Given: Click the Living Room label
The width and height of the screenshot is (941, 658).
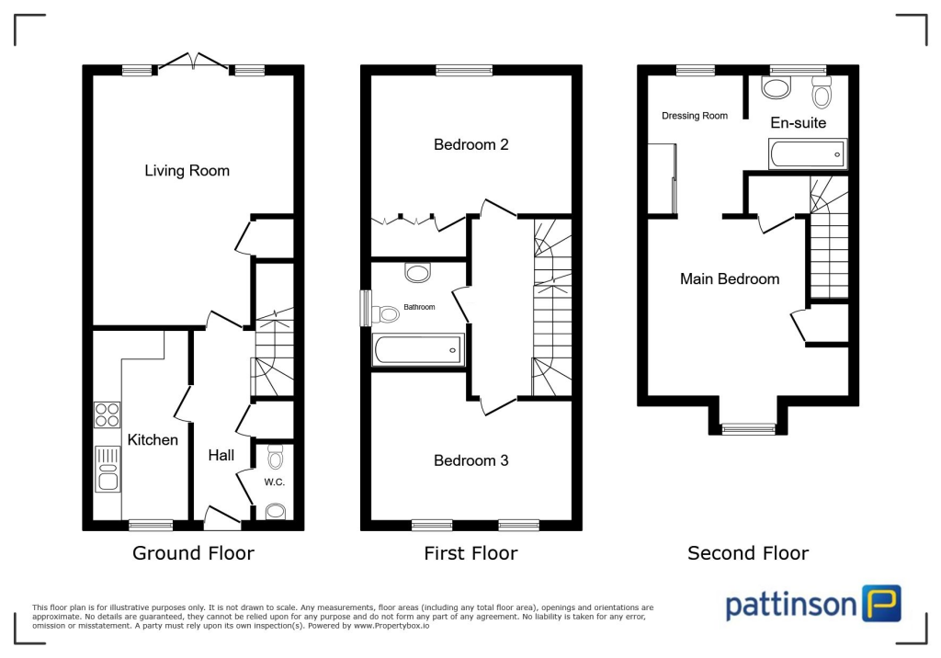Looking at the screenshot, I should click(187, 170).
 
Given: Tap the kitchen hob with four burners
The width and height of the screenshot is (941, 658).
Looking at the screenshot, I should click(107, 415).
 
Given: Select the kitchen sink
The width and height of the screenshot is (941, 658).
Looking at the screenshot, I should click(107, 468).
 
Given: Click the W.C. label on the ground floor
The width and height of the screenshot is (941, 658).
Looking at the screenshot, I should click(274, 481).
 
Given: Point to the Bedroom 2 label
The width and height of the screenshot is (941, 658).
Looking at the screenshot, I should click(471, 144).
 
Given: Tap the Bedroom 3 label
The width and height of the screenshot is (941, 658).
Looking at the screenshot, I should click(470, 460).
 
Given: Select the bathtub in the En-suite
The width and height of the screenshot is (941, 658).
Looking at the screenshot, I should click(807, 153).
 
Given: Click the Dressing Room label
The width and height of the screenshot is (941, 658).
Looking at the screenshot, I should click(695, 116).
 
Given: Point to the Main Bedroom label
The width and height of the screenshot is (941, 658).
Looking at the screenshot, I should click(730, 278).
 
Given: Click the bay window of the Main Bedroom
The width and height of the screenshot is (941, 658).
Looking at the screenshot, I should click(747, 427).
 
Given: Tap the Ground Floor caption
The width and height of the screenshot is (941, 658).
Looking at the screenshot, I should click(193, 552).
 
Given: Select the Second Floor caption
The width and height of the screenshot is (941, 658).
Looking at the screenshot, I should click(748, 552).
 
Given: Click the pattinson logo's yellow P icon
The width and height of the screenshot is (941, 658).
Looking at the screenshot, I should click(881, 604).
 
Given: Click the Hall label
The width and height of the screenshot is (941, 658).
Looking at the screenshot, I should click(221, 455).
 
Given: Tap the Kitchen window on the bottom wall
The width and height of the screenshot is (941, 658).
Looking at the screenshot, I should click(150, 525).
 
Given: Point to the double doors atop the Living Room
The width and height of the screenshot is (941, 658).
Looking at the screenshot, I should click(193, 62).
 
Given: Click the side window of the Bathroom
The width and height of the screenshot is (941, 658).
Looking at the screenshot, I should click(365, 307).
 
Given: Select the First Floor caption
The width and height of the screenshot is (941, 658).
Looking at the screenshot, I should click(470, 552).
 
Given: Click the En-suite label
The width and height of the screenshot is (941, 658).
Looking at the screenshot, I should click(798, 122).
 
